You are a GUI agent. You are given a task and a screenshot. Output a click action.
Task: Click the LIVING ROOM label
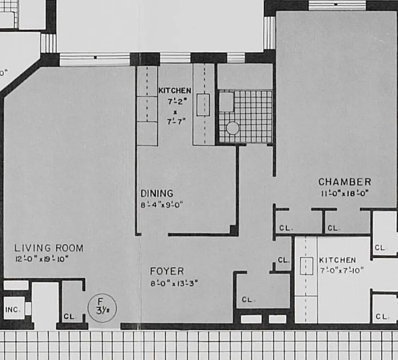[49, 248]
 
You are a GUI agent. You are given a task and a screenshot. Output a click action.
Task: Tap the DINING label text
[157, 193]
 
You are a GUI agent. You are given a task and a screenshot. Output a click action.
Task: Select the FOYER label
[167, 271]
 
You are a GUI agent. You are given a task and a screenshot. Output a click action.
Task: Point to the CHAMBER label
[345, 182]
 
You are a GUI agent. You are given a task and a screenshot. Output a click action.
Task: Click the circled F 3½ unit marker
[102, 308]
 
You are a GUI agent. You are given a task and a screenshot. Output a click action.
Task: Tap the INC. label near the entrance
[13, 310]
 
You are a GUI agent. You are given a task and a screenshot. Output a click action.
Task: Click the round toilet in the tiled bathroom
[232, 128]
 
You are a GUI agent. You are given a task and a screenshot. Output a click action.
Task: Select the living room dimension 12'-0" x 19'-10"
[41, 259]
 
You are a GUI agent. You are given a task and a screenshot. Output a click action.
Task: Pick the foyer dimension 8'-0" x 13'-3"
[174, 283]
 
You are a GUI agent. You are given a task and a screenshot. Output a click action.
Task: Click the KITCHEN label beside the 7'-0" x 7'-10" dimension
[337, 260]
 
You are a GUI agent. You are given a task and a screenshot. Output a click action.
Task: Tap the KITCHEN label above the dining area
[175, 90]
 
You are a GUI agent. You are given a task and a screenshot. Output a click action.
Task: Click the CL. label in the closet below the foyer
[247, 300]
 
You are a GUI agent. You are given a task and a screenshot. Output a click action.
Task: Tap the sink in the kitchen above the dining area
[203, 104]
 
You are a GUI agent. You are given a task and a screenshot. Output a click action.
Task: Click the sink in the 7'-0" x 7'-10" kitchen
[307, 266]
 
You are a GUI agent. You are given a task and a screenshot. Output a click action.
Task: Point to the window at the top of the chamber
[337, 5]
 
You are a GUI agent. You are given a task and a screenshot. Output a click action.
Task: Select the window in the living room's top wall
[95, 58]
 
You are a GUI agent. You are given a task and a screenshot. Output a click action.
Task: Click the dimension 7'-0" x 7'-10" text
[341, 270]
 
